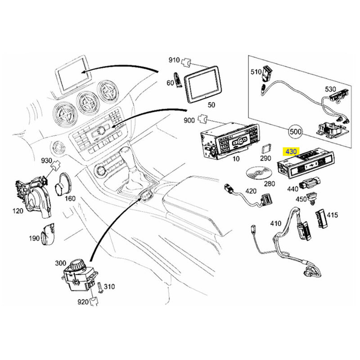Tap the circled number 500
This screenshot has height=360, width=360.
coord(296,132)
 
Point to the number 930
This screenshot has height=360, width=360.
coord(46,161)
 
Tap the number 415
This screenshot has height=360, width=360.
coord(332,215)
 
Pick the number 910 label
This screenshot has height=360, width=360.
coord(174,60)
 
